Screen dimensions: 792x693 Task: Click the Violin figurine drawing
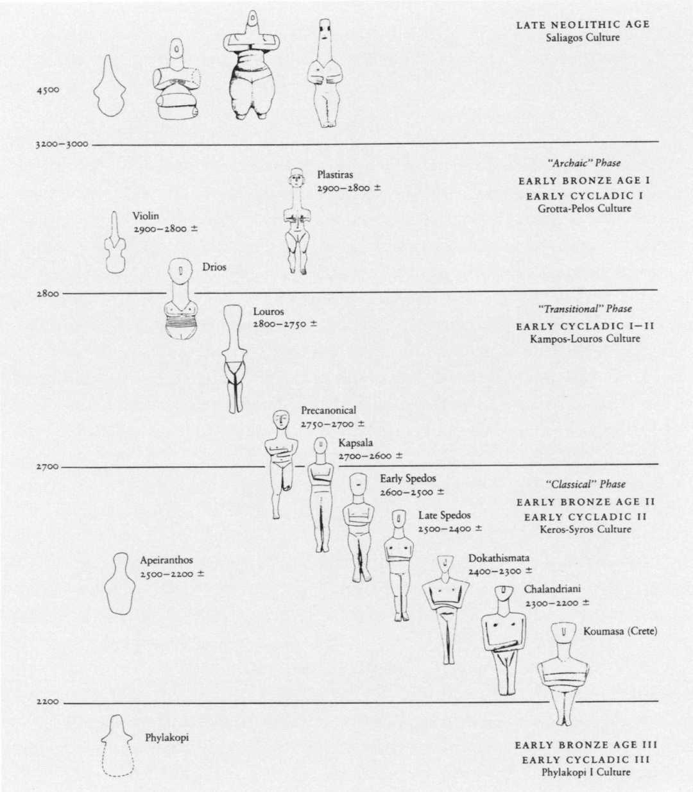click(116, 244)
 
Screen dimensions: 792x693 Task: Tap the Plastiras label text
click(334, 174)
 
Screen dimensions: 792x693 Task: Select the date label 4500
click(48, 90)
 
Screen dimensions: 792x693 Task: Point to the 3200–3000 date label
click(62, 144)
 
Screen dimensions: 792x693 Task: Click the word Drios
click(214, 267)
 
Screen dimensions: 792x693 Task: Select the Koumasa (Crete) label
click(620, 632)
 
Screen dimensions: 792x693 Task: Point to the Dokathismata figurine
click(445, 606)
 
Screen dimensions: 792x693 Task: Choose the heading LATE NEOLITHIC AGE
click(583, 25)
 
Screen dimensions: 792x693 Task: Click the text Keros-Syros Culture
click(585, 529)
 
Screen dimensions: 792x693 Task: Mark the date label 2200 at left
click(47, 702)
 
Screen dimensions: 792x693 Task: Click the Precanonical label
click(329, 410)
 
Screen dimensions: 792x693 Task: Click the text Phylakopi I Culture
click(586, 772)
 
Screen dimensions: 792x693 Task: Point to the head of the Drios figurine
click(180, 273)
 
